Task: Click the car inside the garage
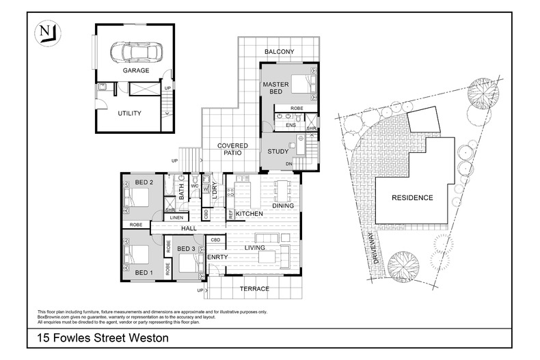click(x=135, y=51)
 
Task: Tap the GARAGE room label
click(x=136, y=70)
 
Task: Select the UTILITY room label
click(x=129, y=113)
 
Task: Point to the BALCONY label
click(x=279, y=52)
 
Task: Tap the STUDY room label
click(x=278, y=151)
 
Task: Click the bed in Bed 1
click(x=140, y=255)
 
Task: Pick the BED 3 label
click(x=186, y=249)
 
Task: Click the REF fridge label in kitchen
click(x=231, y=214)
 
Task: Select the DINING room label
click(x=284, y=205)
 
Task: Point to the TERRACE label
click(x=254, y=289)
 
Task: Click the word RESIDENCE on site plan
click(x=411, y=197)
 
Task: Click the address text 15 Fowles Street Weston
click(x=103, y=337)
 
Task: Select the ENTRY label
click(x=217, y=256)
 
